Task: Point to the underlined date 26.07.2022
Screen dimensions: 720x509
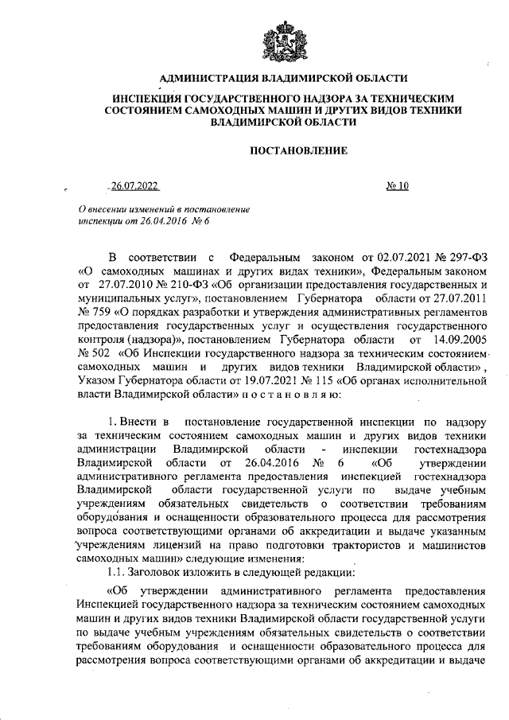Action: pyautogui.click(x=134, y=186)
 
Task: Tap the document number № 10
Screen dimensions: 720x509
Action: pyautogui.click(x=397, y=186)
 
